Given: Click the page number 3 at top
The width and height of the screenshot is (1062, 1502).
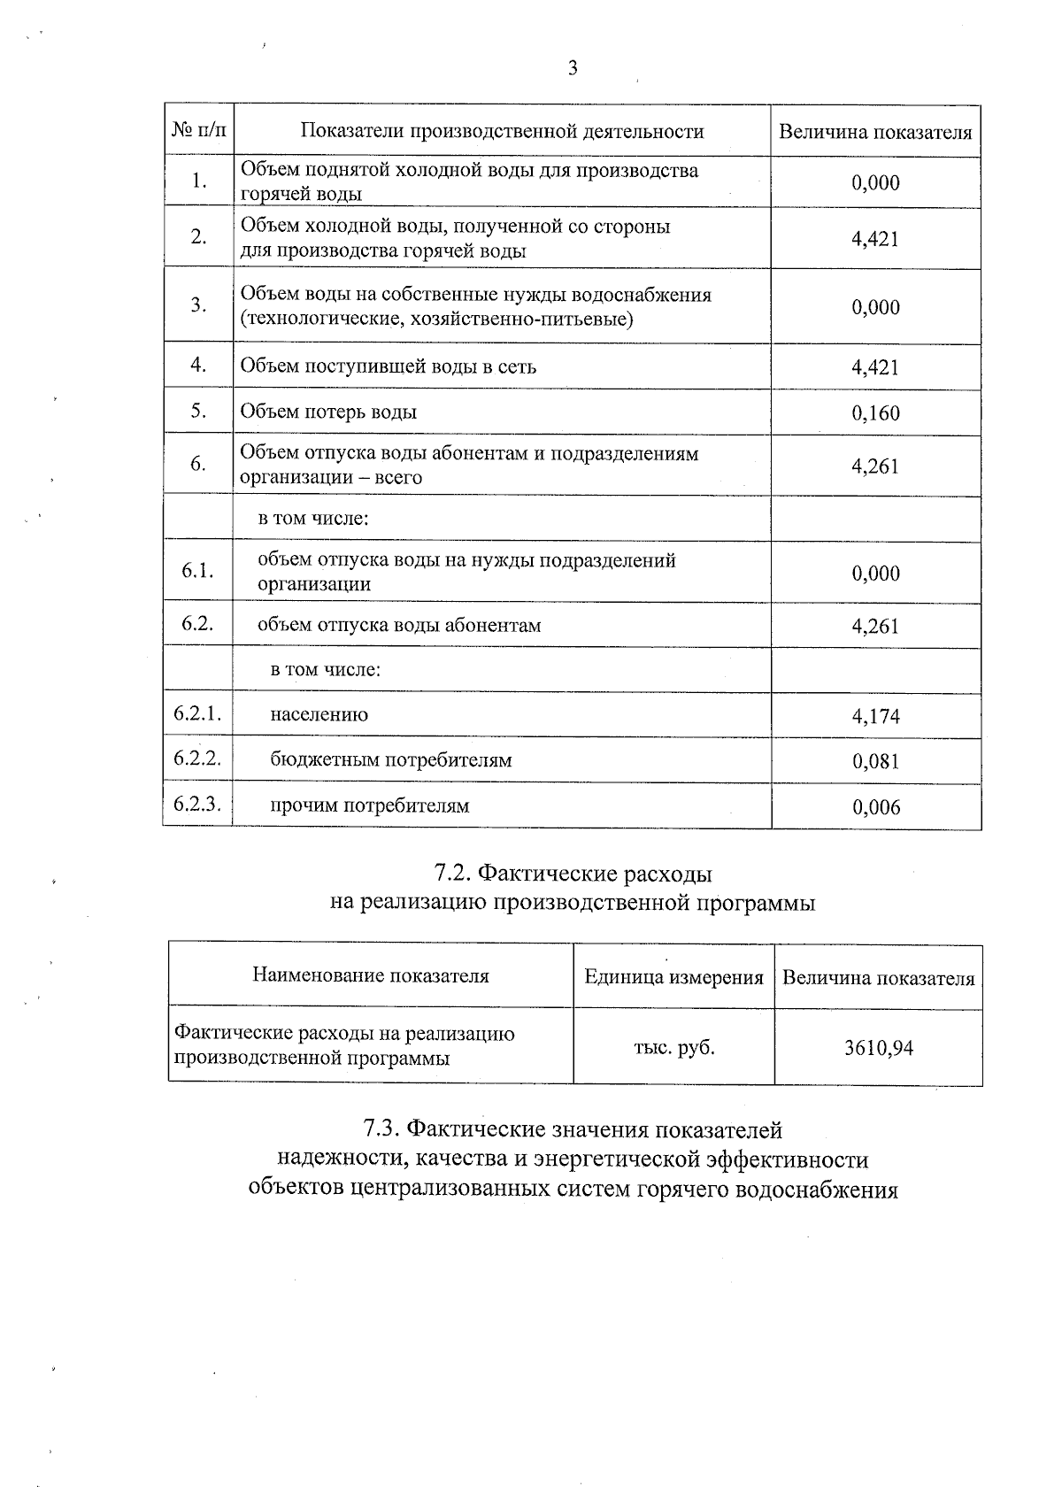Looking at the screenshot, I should tap(573, 68).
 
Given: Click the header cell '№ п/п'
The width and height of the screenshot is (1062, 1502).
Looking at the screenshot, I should tap(199, 131).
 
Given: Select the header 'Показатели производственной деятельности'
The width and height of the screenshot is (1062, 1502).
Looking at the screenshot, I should tap(502, 132).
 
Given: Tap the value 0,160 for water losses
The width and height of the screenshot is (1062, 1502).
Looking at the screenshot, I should tap(875, 413).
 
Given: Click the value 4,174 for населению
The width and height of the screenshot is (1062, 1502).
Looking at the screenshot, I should tap(875, 716).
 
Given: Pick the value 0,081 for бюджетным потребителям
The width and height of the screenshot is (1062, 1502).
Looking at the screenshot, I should tap(875, 761).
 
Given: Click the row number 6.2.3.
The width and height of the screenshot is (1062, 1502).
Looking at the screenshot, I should tap(197, 805).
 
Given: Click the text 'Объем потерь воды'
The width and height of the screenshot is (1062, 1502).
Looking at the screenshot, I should tap(328, 412).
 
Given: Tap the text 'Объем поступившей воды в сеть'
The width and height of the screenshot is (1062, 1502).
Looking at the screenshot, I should tap(388, 366).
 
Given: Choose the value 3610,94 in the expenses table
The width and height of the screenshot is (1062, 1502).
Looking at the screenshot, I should tap(878, 1049).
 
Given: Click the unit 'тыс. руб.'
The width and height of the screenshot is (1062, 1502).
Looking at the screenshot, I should tap(673, 1048).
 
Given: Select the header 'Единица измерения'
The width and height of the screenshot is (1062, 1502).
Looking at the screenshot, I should tap(673, 978).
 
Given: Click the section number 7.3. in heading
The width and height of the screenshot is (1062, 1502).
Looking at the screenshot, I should tap(382, 1130).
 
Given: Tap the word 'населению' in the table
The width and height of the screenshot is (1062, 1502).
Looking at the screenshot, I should tap(319, 715).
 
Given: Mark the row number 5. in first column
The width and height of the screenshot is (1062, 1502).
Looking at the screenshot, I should tap(198, 411).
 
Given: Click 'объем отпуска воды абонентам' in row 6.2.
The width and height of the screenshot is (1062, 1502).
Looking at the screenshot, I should tap(399, 626).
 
